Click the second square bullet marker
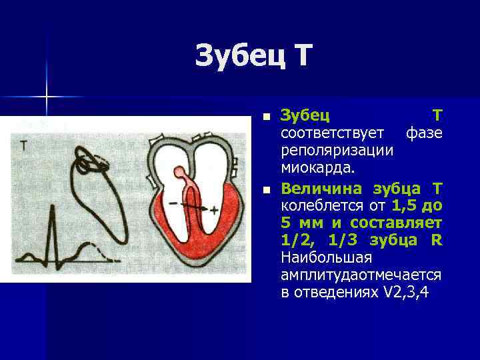[x=267, y=191]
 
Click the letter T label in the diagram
[x=23, y=145]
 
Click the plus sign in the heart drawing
[x=213, y=210]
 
